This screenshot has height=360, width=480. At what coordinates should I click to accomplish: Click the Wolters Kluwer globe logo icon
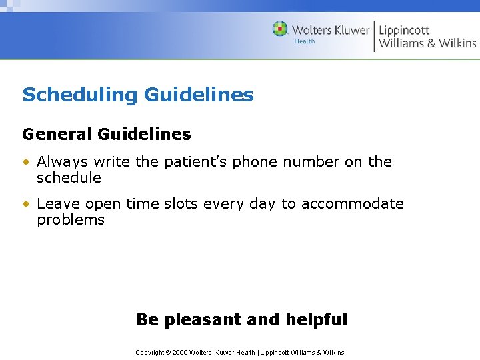[280, 29]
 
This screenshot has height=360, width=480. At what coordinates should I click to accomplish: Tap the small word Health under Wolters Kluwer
[304, 41]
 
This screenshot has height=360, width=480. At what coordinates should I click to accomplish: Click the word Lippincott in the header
[404, 30]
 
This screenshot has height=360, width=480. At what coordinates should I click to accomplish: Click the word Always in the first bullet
[62, 162]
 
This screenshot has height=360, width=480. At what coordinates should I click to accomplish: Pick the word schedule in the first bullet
[69, 178]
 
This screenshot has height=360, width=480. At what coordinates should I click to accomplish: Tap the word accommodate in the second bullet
[352, 204]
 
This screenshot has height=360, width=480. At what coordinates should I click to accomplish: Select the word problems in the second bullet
[71, 220]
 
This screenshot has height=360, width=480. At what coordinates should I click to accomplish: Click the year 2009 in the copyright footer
[181, 352]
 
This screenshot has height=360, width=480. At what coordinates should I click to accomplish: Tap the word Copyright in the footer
[149, 352]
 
